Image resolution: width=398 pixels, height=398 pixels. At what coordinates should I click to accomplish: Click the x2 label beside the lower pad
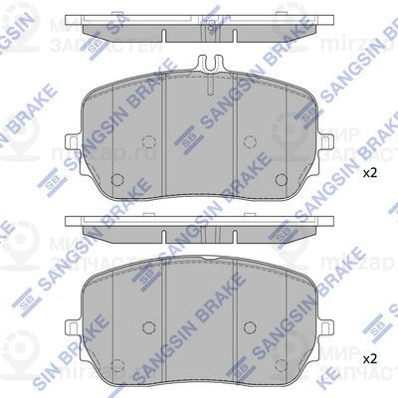click(x=369, y=356)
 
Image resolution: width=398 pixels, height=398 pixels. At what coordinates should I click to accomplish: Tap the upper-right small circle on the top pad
click(x=252, y=141)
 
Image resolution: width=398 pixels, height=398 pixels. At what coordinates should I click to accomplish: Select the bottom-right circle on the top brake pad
click(x=284, y=181)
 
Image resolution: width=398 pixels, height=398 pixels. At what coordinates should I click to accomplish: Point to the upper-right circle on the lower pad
click(x=252, y=324)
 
